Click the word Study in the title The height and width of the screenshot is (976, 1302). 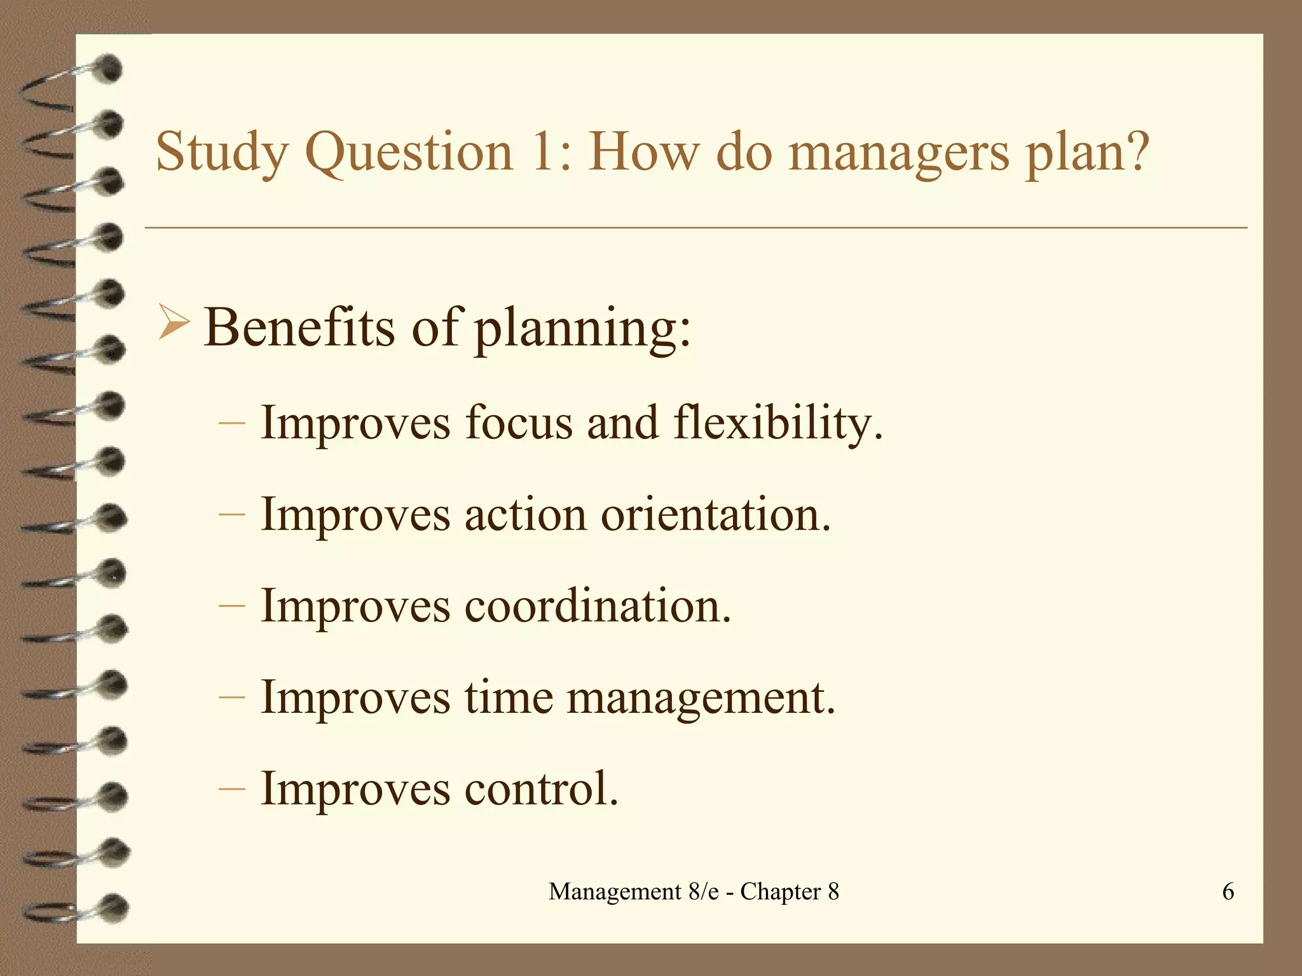[x=221, y=152]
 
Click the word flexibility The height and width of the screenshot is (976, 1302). [x=777, y=423]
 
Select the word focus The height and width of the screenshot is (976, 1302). [x=518, y=422]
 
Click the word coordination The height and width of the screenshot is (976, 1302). [x=597, y=606]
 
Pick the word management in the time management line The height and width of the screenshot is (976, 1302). [x=700, y=698]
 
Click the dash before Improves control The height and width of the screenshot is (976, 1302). [x=231, y=788]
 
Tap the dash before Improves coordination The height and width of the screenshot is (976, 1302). [x=231, y=605]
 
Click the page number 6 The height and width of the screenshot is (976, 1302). [x=1228, y=891]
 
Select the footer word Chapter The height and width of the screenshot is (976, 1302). [x=781, y=892]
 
